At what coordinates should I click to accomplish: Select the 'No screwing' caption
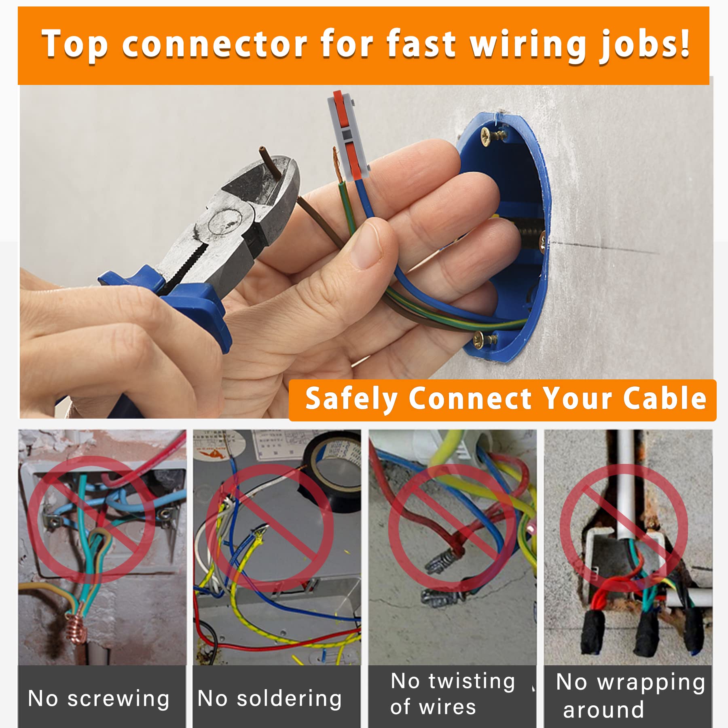[99, 698]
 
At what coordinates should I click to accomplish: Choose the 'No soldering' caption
[270, 698]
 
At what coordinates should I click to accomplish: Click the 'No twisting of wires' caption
[452, 694]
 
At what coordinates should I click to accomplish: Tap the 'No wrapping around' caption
[629, 696]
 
